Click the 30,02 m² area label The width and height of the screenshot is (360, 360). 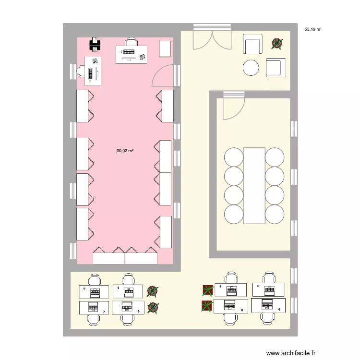pos(125,151)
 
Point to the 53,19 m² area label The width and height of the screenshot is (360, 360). pos(312,29)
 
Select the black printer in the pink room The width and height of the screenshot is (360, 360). pos(96,45)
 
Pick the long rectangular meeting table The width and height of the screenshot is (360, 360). pos(254,185)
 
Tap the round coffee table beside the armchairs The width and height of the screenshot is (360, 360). pos(252,68)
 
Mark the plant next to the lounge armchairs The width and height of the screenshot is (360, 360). pos(277,44)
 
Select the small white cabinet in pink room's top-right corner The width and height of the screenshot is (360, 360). pos(165,49)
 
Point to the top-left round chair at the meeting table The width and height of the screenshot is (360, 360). pos(234,157)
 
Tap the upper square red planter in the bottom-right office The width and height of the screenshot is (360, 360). pos(207,290)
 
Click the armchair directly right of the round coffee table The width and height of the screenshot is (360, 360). pos(276,67)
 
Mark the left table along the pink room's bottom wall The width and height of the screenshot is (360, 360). pos(109,258)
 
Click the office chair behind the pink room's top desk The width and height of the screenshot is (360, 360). pos(131,42)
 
